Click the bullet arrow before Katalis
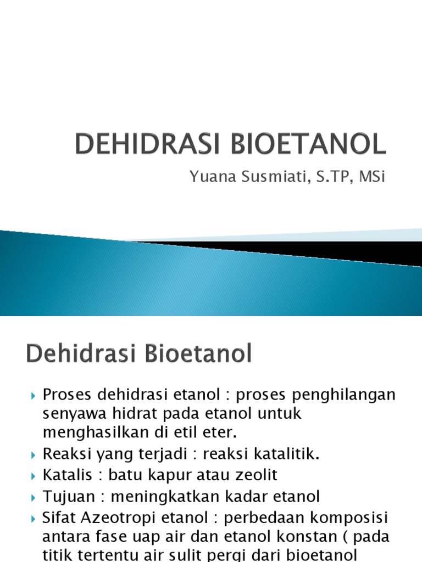pos(34,476)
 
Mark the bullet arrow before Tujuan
pos(34,497)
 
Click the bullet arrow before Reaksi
pos(34,455)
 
